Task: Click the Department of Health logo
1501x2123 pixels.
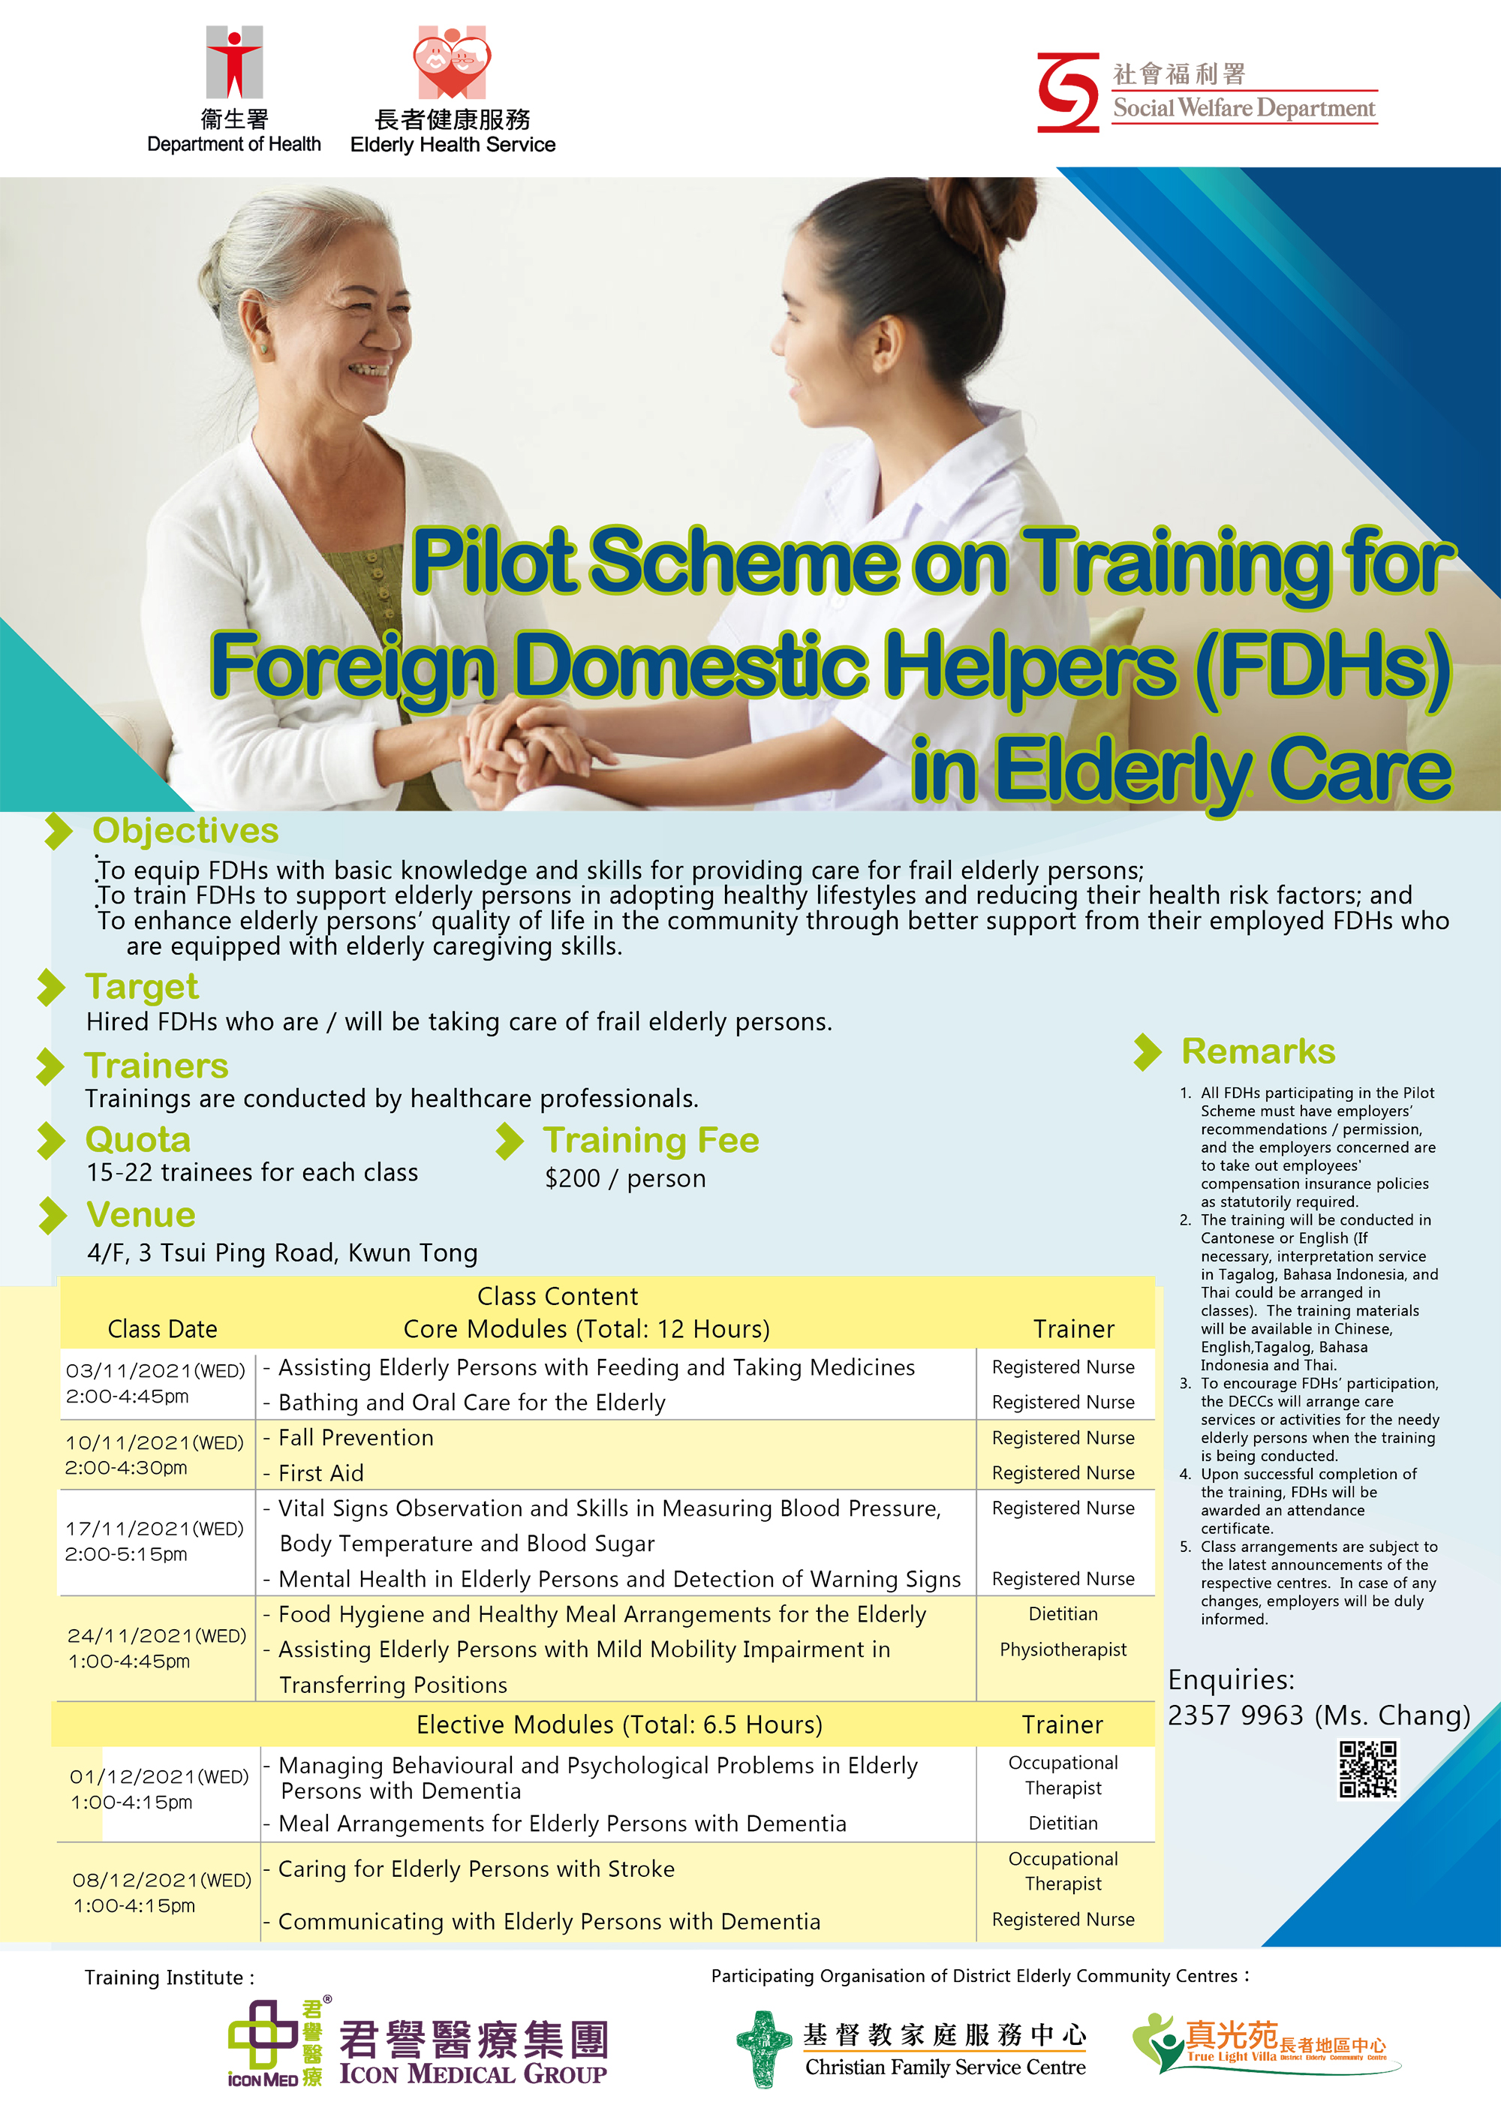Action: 234,62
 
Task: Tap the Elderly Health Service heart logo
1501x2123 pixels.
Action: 453,62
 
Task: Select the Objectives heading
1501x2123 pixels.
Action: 185,830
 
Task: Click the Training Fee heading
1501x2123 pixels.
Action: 651,1140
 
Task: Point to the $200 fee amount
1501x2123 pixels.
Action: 573,1179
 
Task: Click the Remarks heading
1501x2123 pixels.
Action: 1259,1051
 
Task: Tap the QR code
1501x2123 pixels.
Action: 1369,1769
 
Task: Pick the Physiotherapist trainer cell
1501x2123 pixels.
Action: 1063,1649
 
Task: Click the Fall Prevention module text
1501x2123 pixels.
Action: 356,1438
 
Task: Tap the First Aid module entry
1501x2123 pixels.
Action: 321,1473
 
